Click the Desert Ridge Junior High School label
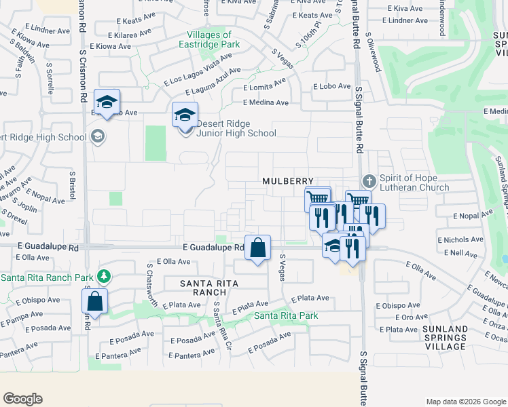click(x=236, y=128)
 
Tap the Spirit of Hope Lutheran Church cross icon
click(x=369, y=181)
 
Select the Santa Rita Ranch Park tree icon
click(x=103, y=277)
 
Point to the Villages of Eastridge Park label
click(x=208, y=39)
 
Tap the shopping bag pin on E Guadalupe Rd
click(x=258, y=248)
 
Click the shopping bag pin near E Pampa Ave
click(x=96, y=301)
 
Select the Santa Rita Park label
click(x=286, y=315)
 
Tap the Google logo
click(x=22, y=399)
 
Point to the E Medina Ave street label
click(x=266, y=103)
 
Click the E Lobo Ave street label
click(x=331, y=87)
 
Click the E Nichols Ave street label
click(x=460, y=240)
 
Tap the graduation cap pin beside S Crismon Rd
click(x=107, y=102)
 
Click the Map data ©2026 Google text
click(x=465, y=402)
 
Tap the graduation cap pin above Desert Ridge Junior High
click(x=184, y=115)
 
